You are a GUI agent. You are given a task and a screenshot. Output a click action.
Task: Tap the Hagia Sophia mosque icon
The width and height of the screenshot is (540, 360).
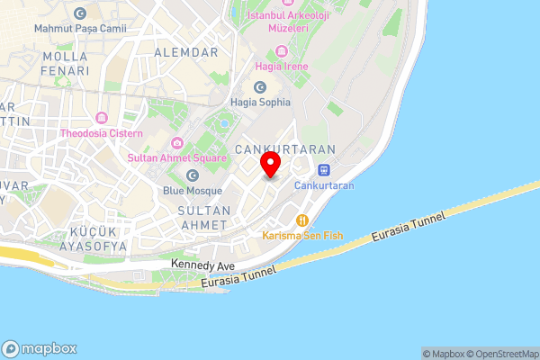tap(260, 87)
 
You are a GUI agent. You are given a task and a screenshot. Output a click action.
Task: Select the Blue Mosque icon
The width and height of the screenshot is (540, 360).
tap(192, 175)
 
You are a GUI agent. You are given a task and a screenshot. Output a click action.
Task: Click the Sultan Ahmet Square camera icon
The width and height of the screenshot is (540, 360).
tap(177, 143)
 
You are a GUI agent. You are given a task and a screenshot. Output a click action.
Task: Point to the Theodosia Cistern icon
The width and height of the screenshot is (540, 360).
tap(101, 119)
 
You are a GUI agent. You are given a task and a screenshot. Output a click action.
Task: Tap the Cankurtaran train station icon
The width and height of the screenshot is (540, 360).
tap(323, 170)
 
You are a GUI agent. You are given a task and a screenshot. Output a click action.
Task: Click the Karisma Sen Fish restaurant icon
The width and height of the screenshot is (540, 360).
tap(302, 220)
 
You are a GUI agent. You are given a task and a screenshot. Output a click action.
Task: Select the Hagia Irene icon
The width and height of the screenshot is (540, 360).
tap(283, 51)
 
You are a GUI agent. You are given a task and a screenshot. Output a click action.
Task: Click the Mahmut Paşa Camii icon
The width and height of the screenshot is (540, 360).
tap(80, 13)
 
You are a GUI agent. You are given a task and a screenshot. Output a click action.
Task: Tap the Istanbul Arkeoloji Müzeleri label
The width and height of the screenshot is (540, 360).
tap(278, 22)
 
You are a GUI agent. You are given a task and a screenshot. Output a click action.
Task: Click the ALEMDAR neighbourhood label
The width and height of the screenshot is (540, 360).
tap(186, 53)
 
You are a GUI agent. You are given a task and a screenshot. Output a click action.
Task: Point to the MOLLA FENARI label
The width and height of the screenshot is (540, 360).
tap(65, 63)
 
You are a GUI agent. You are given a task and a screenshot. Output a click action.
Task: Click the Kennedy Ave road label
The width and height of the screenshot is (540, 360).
tap(202, 265)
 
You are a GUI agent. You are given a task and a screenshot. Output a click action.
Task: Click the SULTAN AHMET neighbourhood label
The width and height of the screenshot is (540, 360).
tap(192, 217)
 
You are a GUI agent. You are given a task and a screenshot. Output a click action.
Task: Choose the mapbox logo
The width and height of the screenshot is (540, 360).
tap(40, 349)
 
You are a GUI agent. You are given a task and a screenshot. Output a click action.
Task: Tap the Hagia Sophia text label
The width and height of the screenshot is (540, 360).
tap(260, 103)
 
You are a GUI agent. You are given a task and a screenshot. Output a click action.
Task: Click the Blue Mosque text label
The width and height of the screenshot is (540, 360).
tap(192, 191)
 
